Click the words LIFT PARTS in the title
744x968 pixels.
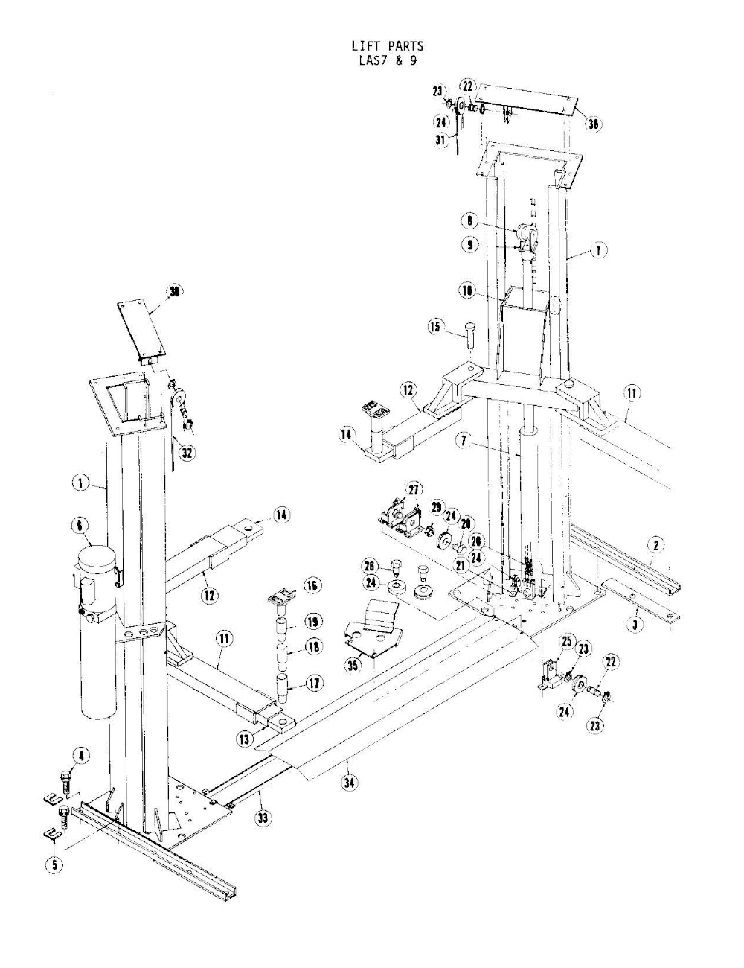coord(386,46)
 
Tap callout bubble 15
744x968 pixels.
coord(436,326)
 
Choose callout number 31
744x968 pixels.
coord(440,139)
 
